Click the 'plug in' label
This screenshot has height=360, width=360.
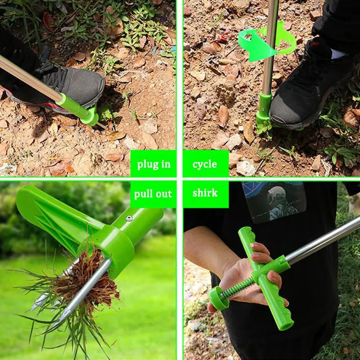[153, 164]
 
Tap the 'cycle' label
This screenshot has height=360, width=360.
[205, 164]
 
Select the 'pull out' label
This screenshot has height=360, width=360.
[153, 194]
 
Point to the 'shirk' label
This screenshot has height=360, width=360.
[205, 193]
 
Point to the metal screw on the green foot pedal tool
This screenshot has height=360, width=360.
[129, 218]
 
